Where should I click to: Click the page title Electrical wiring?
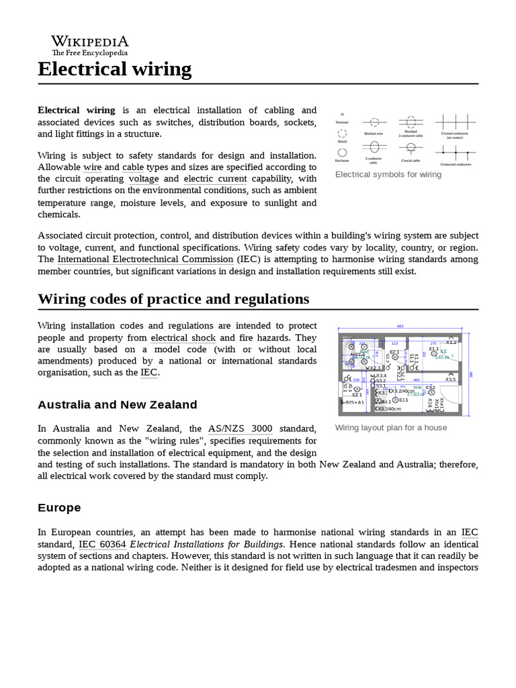[x=114, y=69]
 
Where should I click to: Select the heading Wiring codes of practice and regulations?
[x=173, y=298]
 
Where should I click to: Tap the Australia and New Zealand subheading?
[x=118, y=404]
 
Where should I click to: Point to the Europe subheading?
[x=59, y=507]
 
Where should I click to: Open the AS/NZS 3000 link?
[x=240, y=429]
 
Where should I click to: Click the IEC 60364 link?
[x=102, y=544]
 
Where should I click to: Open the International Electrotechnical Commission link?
[x=145, y=259]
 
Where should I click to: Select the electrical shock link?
[x=183, y=337]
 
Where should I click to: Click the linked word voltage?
[x=144, y=179]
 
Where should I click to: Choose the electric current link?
[x=215, y=179]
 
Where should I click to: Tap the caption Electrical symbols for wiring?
[x=388, y=175]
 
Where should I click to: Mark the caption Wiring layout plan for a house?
[x=390, y=427]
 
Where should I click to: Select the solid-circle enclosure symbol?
[x=342, y=153]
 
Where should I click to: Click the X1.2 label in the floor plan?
[x=451, y=342]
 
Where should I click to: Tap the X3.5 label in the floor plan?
[x=450, y=380]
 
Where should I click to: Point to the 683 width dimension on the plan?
[x=400, y=326]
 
